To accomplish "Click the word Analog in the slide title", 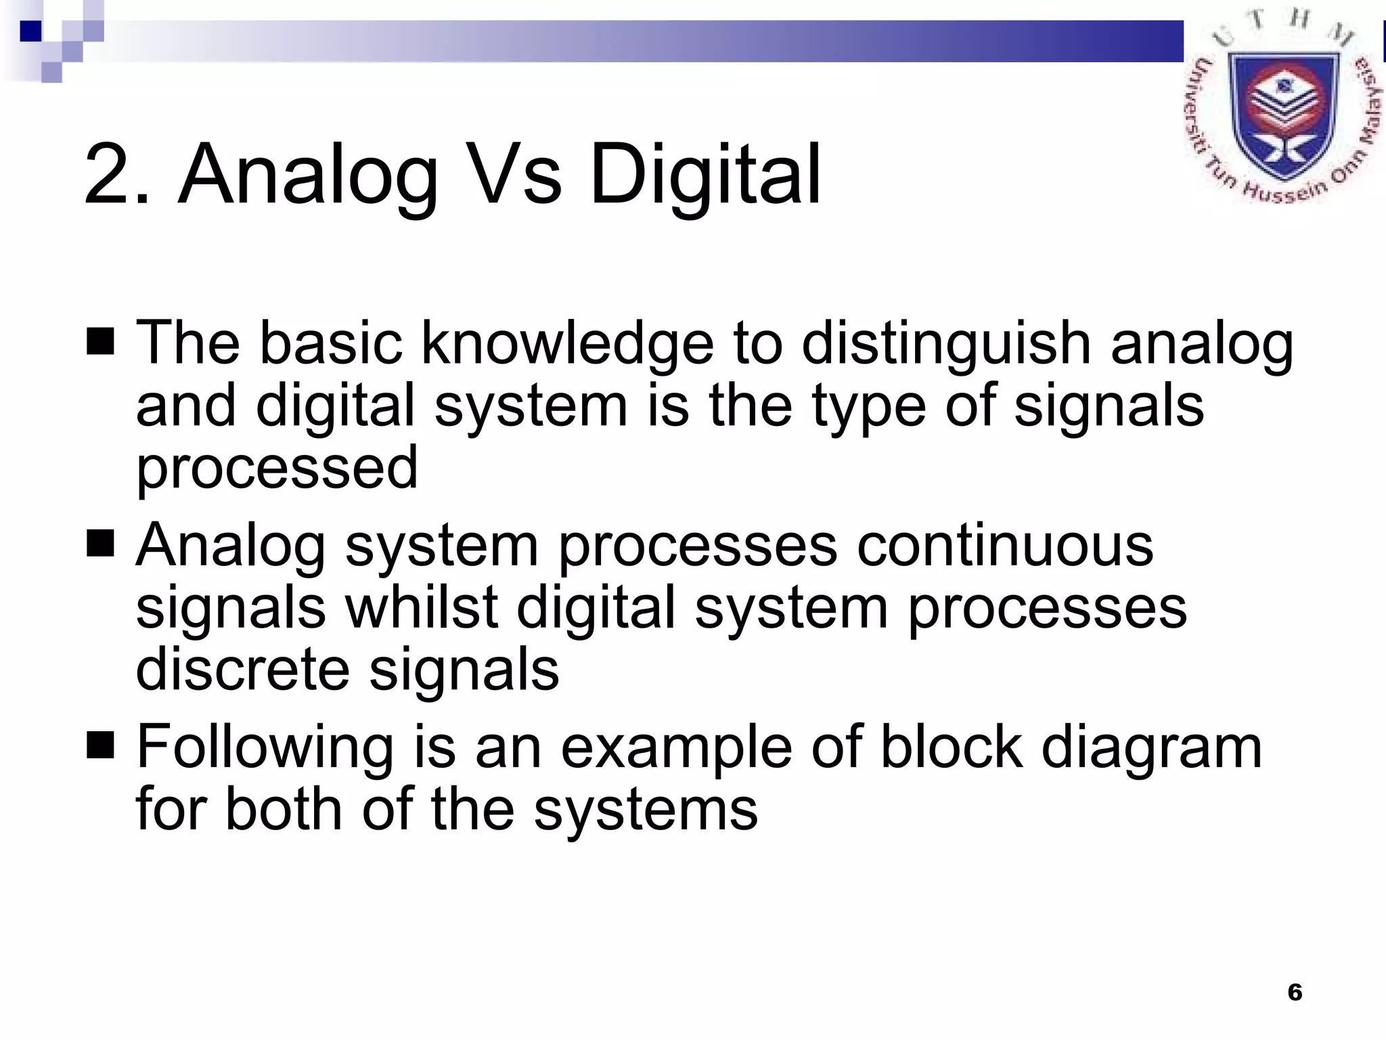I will [x=307, y=175].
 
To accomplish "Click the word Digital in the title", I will [x=705, y=175].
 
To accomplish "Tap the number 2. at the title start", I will [x=116, y=175].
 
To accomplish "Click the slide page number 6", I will [x=1295, y=993].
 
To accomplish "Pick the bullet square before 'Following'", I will [x=100, y=745].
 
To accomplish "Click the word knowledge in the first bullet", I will [x=567, y=344].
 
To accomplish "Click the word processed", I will [x=277, y=469].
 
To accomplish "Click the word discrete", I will [x=243, y=669].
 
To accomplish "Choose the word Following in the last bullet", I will [x=265, y=749].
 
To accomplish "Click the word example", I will [x=676, y=749].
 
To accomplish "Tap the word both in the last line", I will [x=284, y=809].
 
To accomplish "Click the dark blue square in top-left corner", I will [x=30, y=31].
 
